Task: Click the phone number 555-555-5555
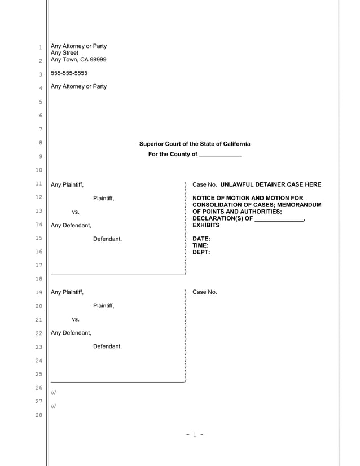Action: click(x=69, y=73)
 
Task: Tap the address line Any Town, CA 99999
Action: click(x=78, y=60)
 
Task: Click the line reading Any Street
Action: click(x=65, y=53)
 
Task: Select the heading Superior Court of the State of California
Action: click(x=195, y=144)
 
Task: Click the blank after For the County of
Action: click(x=220, y=155)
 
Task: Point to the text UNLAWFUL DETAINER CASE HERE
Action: click(x=271, y=184)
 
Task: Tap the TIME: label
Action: click(x=200, y=246)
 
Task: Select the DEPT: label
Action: click(x=201, y=253)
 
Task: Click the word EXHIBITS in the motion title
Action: click(x=207, y=226)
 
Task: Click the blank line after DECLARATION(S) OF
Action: click(x=279, y=219)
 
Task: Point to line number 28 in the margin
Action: click(x=39, y=415)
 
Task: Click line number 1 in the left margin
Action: click(x=39, y=47)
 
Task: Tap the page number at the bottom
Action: click(x=194, y=434)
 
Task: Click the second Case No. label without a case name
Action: click(x=204, y=292)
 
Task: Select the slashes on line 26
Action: click(x=53, y=392)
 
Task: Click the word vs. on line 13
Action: click(x=76, y=212)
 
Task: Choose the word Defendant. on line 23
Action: click(x=107, y=346)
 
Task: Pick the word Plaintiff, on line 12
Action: click(x=103, y=198)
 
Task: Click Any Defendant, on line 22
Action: click(x=71, y=333)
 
